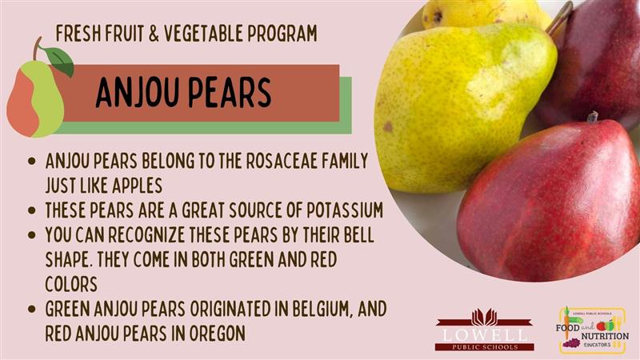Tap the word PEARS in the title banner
(230, 93)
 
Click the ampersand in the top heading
(154, 34)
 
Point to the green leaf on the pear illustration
(59, 61)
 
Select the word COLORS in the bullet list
(71, 284)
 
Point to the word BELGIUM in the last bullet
(322, 309)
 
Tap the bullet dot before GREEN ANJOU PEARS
(32, 309)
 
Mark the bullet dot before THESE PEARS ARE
(32, 210)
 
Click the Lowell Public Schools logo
(485, 330)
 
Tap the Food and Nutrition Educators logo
(592, 330)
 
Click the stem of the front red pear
(593, 117)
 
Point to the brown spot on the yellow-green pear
(387, 127)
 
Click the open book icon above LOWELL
(485, 317)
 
